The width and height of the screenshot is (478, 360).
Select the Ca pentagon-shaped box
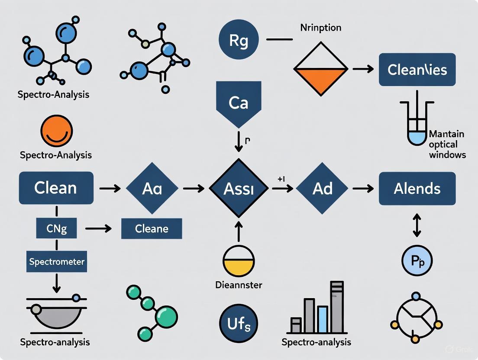tap(238, 103)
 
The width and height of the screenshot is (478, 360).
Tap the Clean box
tap(56, 188)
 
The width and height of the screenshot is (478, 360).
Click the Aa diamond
tap(152, 189)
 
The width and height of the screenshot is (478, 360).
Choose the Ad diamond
tap(323, 189)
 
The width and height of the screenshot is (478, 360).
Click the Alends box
tap(417, 189)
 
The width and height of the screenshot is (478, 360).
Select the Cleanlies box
tap(417, 70)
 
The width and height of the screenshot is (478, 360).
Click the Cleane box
tap(152, 229)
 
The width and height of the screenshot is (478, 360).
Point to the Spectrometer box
tap(57, 262)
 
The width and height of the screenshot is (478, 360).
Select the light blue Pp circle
tap(417, 260)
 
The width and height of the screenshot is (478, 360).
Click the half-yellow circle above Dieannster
tap(239, 262)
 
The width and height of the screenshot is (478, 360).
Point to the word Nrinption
tap(320, 28)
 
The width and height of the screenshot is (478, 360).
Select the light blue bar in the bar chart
tap(322, 318)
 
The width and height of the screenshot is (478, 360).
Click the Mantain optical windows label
tap(447, 144)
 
